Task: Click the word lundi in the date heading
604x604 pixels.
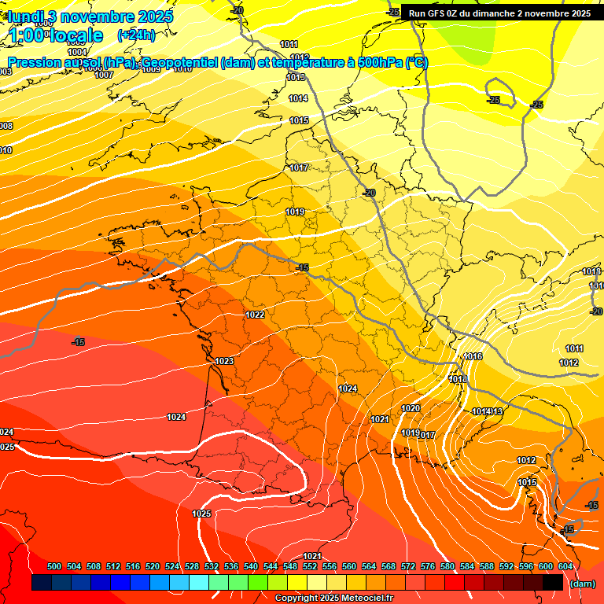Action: [x=30, y=17]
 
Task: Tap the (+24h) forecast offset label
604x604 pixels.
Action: [x=136, y=35]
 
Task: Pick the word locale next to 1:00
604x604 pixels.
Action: [x=75, y=35]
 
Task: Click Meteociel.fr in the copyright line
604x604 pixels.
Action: [x=366, y=598]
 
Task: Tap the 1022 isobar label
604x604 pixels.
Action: [x=255, y=315]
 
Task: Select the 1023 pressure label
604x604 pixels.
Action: [x=224, y=362]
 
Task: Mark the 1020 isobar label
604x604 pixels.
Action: [x=410, y=408]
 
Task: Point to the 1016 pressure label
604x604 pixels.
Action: [x=473, y=357]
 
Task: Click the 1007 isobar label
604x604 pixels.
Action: [x=104, y=75]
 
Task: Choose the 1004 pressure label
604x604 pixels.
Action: [x=77, y=53]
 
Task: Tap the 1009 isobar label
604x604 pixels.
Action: [x=151, y=70]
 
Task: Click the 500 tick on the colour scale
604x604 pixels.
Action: [x=54, y=566]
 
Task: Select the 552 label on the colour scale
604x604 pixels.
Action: [x=309, y=566]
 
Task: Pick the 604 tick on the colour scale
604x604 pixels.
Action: [x=565, y=566]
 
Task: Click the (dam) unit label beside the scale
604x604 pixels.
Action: [x=582, y=584]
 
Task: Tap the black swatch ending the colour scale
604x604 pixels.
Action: [x=552, y=582]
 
